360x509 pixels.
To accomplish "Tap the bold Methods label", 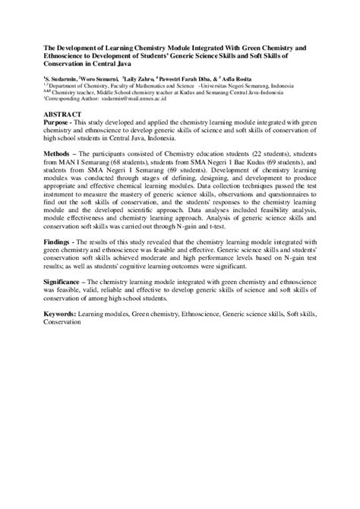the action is coord(61,152).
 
